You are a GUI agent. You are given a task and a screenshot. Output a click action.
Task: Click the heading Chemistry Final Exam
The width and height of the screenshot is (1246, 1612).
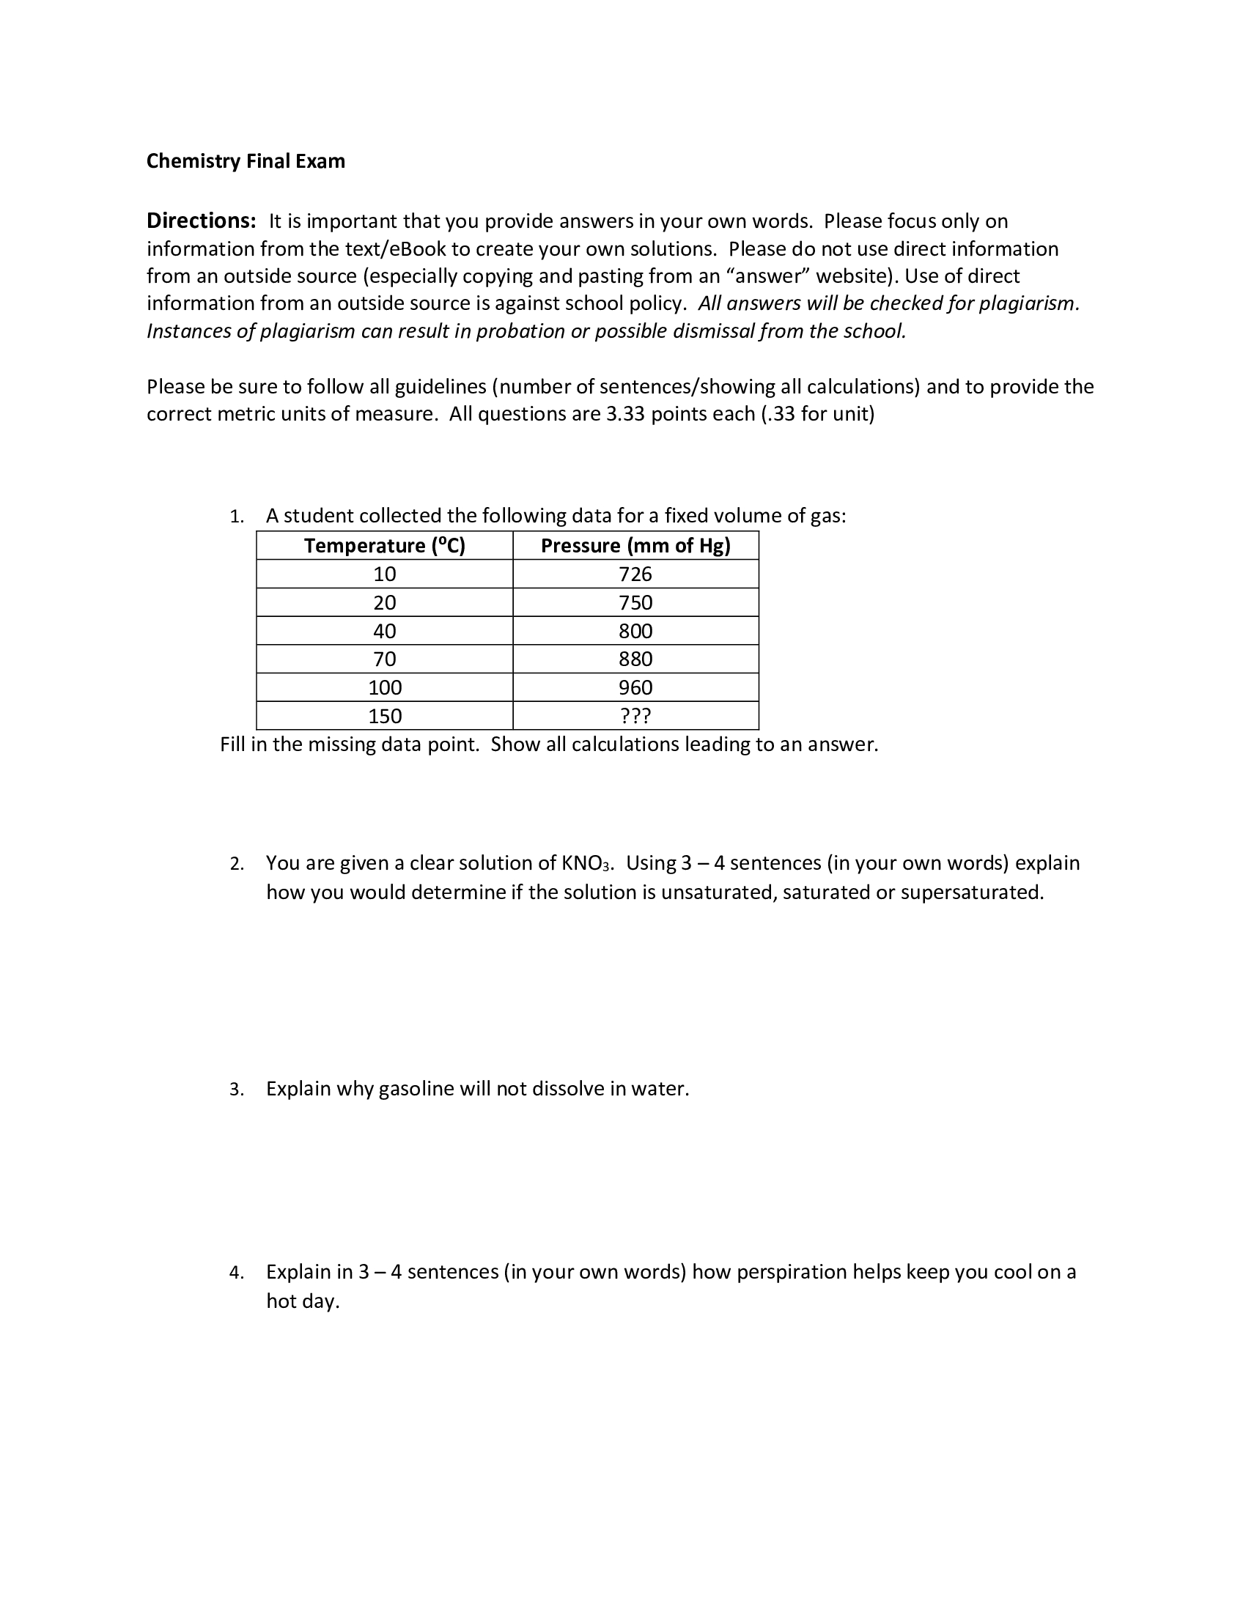[x=245, y=161]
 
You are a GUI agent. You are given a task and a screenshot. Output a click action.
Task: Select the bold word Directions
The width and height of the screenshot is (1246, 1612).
[x=201, y=221]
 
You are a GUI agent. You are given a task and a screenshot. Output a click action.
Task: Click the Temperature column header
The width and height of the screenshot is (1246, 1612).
[x=385, y=545]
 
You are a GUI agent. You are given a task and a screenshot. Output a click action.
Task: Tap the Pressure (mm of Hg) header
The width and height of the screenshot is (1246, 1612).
[x=635, y=545]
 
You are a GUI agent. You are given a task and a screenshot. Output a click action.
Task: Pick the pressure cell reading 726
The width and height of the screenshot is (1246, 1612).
[x=635, y=574]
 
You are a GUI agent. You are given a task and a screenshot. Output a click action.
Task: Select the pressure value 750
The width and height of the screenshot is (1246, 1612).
[x=635, y=602]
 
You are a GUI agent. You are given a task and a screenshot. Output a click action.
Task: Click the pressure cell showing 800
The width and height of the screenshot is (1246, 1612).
[x=635, y=631]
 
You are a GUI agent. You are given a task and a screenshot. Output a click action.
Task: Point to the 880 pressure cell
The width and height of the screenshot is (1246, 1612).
[x=635, y=659]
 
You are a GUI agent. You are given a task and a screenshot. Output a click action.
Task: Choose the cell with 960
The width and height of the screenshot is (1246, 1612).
[x=635, y=688]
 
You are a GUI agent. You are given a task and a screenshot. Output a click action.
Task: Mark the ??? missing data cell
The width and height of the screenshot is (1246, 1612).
[x=635, y=716]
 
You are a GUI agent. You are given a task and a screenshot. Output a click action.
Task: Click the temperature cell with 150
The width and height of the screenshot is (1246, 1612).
[x=385, y=716]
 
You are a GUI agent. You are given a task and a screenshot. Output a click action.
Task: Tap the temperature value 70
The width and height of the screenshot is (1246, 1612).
[x=385, y=659]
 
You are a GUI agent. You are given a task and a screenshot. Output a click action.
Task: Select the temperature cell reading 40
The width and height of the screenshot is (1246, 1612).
[x=385, y=631]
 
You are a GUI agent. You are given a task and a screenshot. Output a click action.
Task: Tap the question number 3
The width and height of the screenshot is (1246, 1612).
[x=235, y=1090]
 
